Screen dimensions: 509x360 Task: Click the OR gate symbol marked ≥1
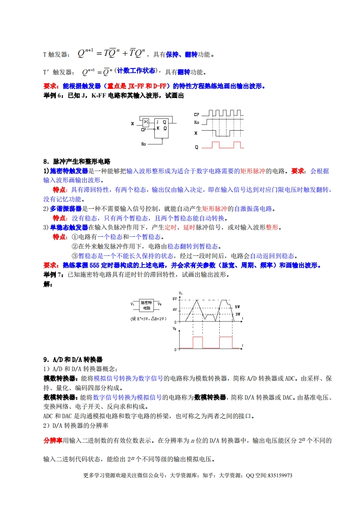(x=146, y=122)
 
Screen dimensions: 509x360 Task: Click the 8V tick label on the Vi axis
(x=174, y=298)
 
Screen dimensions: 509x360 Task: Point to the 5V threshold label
(x=237, y=307)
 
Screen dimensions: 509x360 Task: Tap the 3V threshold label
(x=237, y=314)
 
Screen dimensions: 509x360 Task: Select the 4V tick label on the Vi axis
(x=174, y=310)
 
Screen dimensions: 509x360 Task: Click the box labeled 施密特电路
(x=146, y=304)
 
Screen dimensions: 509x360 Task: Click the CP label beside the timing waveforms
(x=196, y=115)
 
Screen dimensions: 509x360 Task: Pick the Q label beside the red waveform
(x=196, y=147)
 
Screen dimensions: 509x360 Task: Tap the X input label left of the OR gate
(x=133, y=123)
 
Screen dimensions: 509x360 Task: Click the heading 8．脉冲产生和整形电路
(x=77, y=162)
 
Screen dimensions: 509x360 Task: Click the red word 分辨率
(x=53, y=440)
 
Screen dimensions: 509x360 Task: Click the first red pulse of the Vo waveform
(x=198, y=343)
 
